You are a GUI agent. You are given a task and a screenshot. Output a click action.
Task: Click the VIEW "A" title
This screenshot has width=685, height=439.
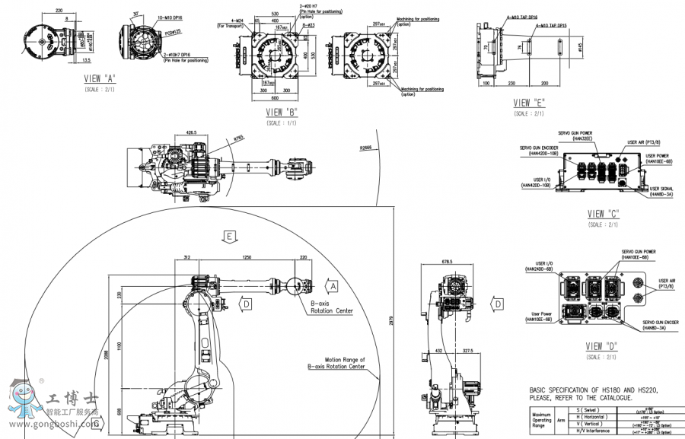100,78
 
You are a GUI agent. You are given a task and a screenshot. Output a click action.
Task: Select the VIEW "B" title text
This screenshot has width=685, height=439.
281,112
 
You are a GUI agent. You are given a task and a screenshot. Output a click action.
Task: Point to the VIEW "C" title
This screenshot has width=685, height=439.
604,214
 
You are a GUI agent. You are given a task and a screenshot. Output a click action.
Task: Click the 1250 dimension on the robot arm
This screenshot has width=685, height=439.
246,258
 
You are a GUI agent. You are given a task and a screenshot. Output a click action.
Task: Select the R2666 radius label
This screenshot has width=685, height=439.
366,148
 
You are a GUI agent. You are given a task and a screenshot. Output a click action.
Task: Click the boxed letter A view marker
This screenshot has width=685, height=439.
333,286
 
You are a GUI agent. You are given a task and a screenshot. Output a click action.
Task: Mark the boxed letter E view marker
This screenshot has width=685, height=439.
229,237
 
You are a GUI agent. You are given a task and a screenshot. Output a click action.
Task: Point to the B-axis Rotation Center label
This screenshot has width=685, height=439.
331,307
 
